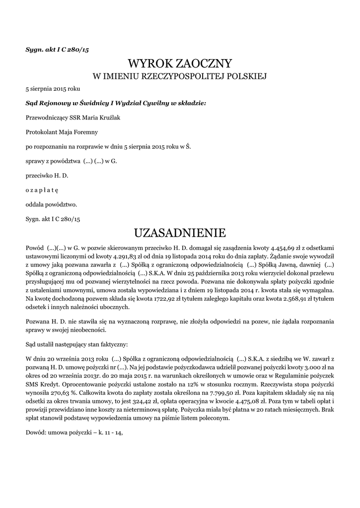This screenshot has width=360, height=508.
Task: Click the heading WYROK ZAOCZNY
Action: click(x=180, y=63)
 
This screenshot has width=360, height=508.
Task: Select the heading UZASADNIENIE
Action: click(x=180, y=232)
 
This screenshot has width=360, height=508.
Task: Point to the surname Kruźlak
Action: click(x=109, y=118)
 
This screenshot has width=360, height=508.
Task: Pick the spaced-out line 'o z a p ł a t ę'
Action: click(x=42, y=190)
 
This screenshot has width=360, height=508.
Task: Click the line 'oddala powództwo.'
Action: click(x=51, y=204)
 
